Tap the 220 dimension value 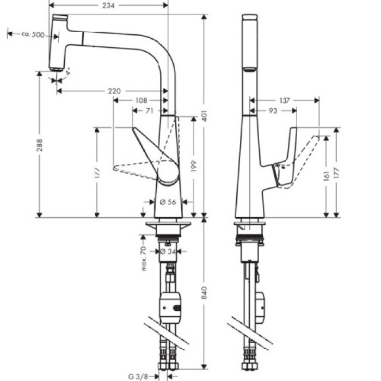pos(114,91)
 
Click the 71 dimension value pos(149,110)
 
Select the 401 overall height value pos(211,115)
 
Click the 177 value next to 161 pos(337,173)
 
